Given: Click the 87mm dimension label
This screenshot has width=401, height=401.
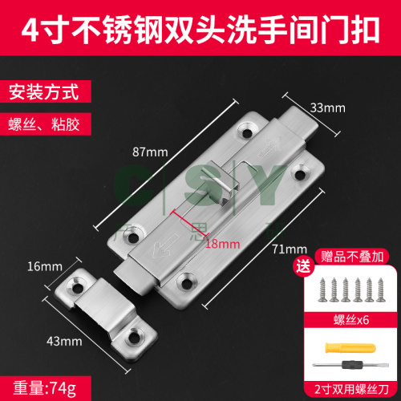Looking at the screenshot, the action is pos(150,152).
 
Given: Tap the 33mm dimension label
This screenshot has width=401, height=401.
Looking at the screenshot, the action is pos(328,108).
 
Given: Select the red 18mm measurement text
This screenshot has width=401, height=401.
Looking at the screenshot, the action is pos(222,244).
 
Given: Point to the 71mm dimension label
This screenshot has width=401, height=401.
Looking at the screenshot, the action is pos(290,249).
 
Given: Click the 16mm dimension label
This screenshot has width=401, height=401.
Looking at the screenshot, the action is pos(45,266).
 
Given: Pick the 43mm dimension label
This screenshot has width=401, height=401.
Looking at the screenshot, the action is pos(64,342).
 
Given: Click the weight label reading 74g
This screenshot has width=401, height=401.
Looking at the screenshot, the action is pos(45,388).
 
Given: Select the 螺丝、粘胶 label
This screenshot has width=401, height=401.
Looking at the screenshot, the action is pos(44,124).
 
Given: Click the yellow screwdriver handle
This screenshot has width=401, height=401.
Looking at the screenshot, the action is pos(350,348).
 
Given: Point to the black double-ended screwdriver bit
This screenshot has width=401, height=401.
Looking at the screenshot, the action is pos(350,365).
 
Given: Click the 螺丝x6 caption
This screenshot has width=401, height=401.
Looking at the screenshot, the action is pos(351,320).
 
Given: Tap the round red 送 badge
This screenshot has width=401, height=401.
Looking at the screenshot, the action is pos(303,266).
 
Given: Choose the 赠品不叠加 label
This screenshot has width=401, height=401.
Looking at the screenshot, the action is pos(352,257).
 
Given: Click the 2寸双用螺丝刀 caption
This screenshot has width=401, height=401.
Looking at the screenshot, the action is pos(351,389).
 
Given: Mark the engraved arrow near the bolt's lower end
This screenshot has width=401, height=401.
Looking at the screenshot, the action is pos(165,246).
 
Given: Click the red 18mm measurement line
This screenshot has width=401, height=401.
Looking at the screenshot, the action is pos(190,223).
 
